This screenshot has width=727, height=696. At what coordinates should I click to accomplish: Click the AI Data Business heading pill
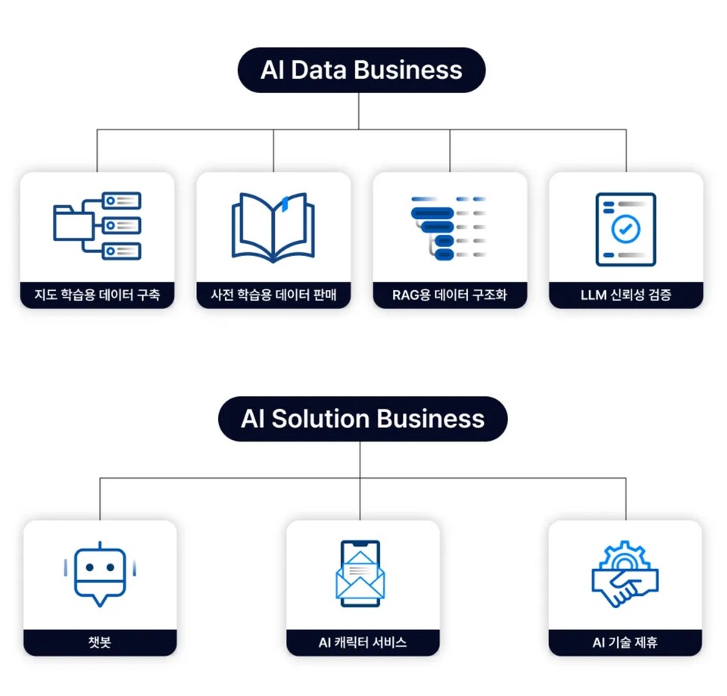tap(361, 70)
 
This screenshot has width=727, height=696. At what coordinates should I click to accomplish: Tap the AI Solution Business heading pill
tap(363, 419)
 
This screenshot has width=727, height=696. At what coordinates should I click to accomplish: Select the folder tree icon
tap(97, 226)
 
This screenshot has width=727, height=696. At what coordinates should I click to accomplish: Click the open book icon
tap(273, 226)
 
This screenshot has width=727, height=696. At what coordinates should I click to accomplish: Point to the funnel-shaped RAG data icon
tap(448, 228)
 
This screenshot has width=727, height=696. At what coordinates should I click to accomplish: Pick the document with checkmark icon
tap(626, 229)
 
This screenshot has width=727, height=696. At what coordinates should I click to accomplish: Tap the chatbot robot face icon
tap(100, 573)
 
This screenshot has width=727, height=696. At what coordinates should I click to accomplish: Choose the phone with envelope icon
tap(360, 573)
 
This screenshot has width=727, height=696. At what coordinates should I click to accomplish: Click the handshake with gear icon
tap(625, 573)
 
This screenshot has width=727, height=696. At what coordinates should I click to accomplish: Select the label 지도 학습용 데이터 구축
tap(97, 295)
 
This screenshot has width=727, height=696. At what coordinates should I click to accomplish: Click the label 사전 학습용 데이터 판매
tap(273, 295)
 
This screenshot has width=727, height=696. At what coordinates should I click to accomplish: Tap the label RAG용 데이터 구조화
tap(450, 295)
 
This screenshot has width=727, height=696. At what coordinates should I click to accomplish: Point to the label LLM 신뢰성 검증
tap(626, 295)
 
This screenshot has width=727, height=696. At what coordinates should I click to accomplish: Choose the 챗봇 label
tap(100, 643)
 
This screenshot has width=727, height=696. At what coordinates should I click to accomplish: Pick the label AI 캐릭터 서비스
tap(363, 643)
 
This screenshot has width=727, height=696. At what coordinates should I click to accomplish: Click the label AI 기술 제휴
tap(625, 643)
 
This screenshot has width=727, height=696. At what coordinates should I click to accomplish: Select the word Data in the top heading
tap(319, 70)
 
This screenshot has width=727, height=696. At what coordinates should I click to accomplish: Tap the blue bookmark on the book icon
tap(284, 202)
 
